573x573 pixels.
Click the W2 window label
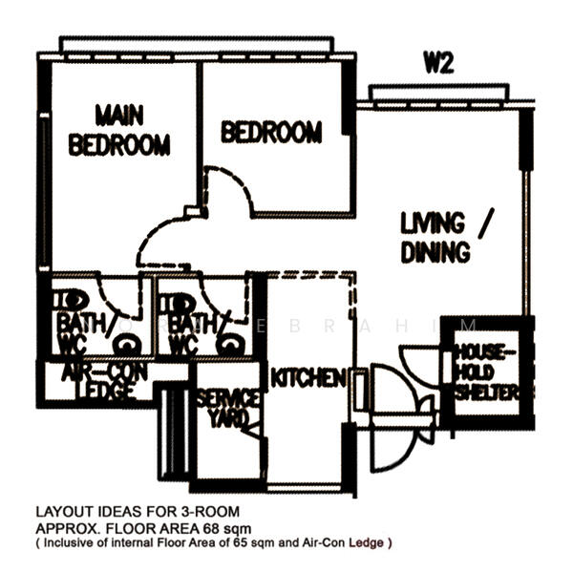(x=438, y=64)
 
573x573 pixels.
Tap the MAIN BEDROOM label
(x=119, y=130)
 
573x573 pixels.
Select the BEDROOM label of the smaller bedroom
(x=271, y=132)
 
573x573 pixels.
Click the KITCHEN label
(x=308, y=379)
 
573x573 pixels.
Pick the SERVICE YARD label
(x=226, y=408)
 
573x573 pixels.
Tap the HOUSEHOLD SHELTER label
(x=485, y=371)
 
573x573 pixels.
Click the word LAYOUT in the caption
(x=63, y=511)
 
